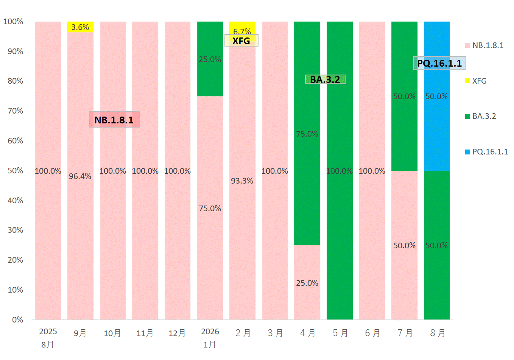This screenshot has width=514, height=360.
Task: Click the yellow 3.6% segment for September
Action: click(x=80, y=27)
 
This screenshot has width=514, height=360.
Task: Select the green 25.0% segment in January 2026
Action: click(x=210, y=59)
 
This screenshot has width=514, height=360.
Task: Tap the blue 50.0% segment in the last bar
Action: click(x=437, y=96)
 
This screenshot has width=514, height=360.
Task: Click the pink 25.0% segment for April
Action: click(x=307, y=282)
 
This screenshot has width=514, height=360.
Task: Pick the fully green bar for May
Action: click(x=340, y=170)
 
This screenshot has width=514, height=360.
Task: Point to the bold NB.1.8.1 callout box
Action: click(x=114, y=120)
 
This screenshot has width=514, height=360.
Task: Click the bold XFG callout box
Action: click(x=241, y=41)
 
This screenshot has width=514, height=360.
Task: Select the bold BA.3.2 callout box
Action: click(x=325, y=79)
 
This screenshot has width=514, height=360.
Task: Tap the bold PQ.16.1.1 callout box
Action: click(x=439, y=63)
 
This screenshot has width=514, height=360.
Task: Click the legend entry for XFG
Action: click(x=476, y=81)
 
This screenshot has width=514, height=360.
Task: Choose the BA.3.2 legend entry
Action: click(x=480, y=116)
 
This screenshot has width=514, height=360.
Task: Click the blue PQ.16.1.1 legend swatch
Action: click(x=467, y=152)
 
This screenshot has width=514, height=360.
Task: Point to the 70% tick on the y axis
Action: click(x=16, y=111)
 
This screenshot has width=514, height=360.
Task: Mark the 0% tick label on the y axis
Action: click(x=18, y=320)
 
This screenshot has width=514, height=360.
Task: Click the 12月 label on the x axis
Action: click(x=177, y=333)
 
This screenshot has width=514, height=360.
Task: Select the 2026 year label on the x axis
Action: click(x=210, y=332)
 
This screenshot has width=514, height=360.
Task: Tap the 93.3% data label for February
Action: click(x=242, y=181)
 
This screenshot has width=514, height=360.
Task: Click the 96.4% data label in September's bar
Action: click(x=80, y=176)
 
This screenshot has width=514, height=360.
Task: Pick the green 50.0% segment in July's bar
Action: click(x=404, y=96)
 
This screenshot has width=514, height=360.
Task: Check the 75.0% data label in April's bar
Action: click(x=307, y=134)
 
